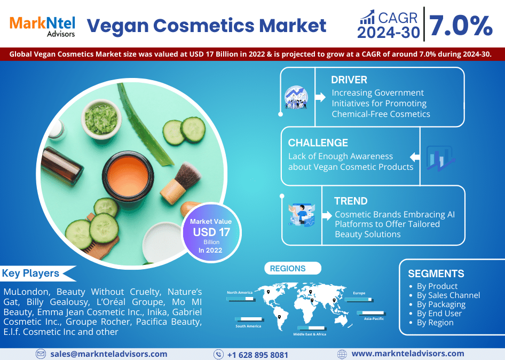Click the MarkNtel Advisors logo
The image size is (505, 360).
[42, 26]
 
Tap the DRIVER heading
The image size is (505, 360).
[349, 80]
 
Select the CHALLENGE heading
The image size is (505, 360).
[318, 143]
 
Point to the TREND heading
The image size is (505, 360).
[351, 201]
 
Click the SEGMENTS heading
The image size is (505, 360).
[436, 273]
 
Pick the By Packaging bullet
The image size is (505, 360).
[441, 304]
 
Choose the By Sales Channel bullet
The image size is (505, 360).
[448, 295]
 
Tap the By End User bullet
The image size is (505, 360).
[439, 314]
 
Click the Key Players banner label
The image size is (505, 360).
[31, 273]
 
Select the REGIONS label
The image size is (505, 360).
[288, 269]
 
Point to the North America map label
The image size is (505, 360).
[239, 293]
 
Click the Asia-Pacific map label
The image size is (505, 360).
[374, 318]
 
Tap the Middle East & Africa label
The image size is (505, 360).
[310, 334]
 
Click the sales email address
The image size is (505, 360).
[109, 354]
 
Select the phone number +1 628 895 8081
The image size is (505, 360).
[257, 355]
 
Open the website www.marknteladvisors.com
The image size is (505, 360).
[408, 354]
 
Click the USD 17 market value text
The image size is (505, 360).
[212, 232]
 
